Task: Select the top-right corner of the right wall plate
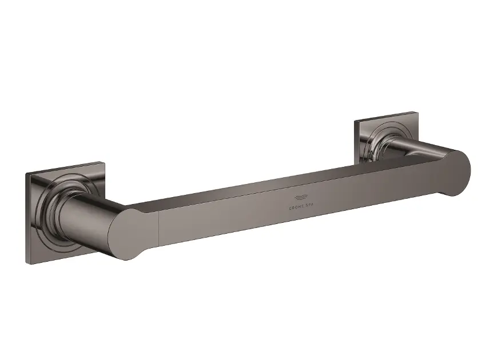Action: (x=418, y=112)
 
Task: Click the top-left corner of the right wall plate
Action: (x=355, y=121)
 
